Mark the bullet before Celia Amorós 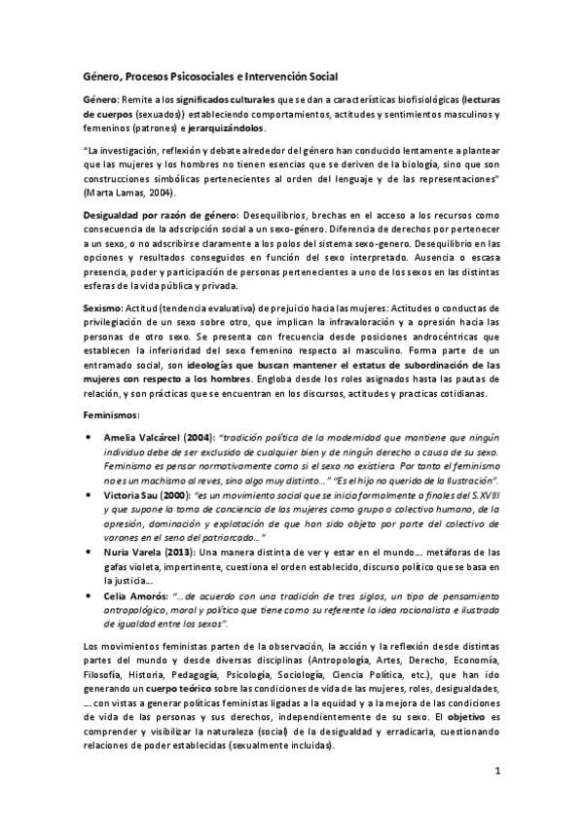(x=90, y=594)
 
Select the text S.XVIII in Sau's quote (x=482, y=495)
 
